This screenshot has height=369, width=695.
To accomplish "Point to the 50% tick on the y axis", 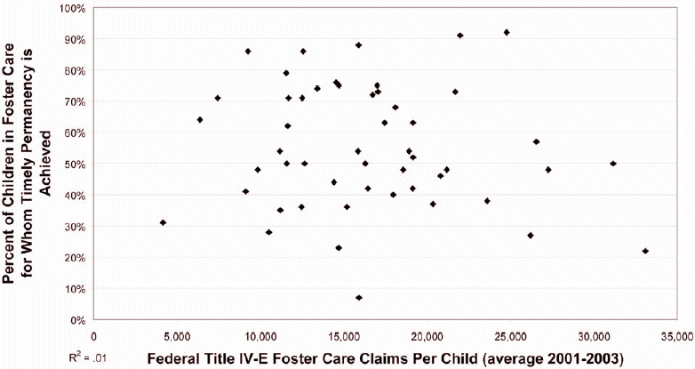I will click(x=76, y=164).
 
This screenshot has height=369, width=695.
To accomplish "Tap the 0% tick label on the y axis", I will click(x=77, y=319).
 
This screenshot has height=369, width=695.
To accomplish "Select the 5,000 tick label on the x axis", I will click(x=177, y=337).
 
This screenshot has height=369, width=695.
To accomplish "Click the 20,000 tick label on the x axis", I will click(x=427, y=337).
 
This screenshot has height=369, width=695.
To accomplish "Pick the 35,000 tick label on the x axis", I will click(x=676, y=337).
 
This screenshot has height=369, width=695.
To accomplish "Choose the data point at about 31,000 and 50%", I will click(x=613, y=164).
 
